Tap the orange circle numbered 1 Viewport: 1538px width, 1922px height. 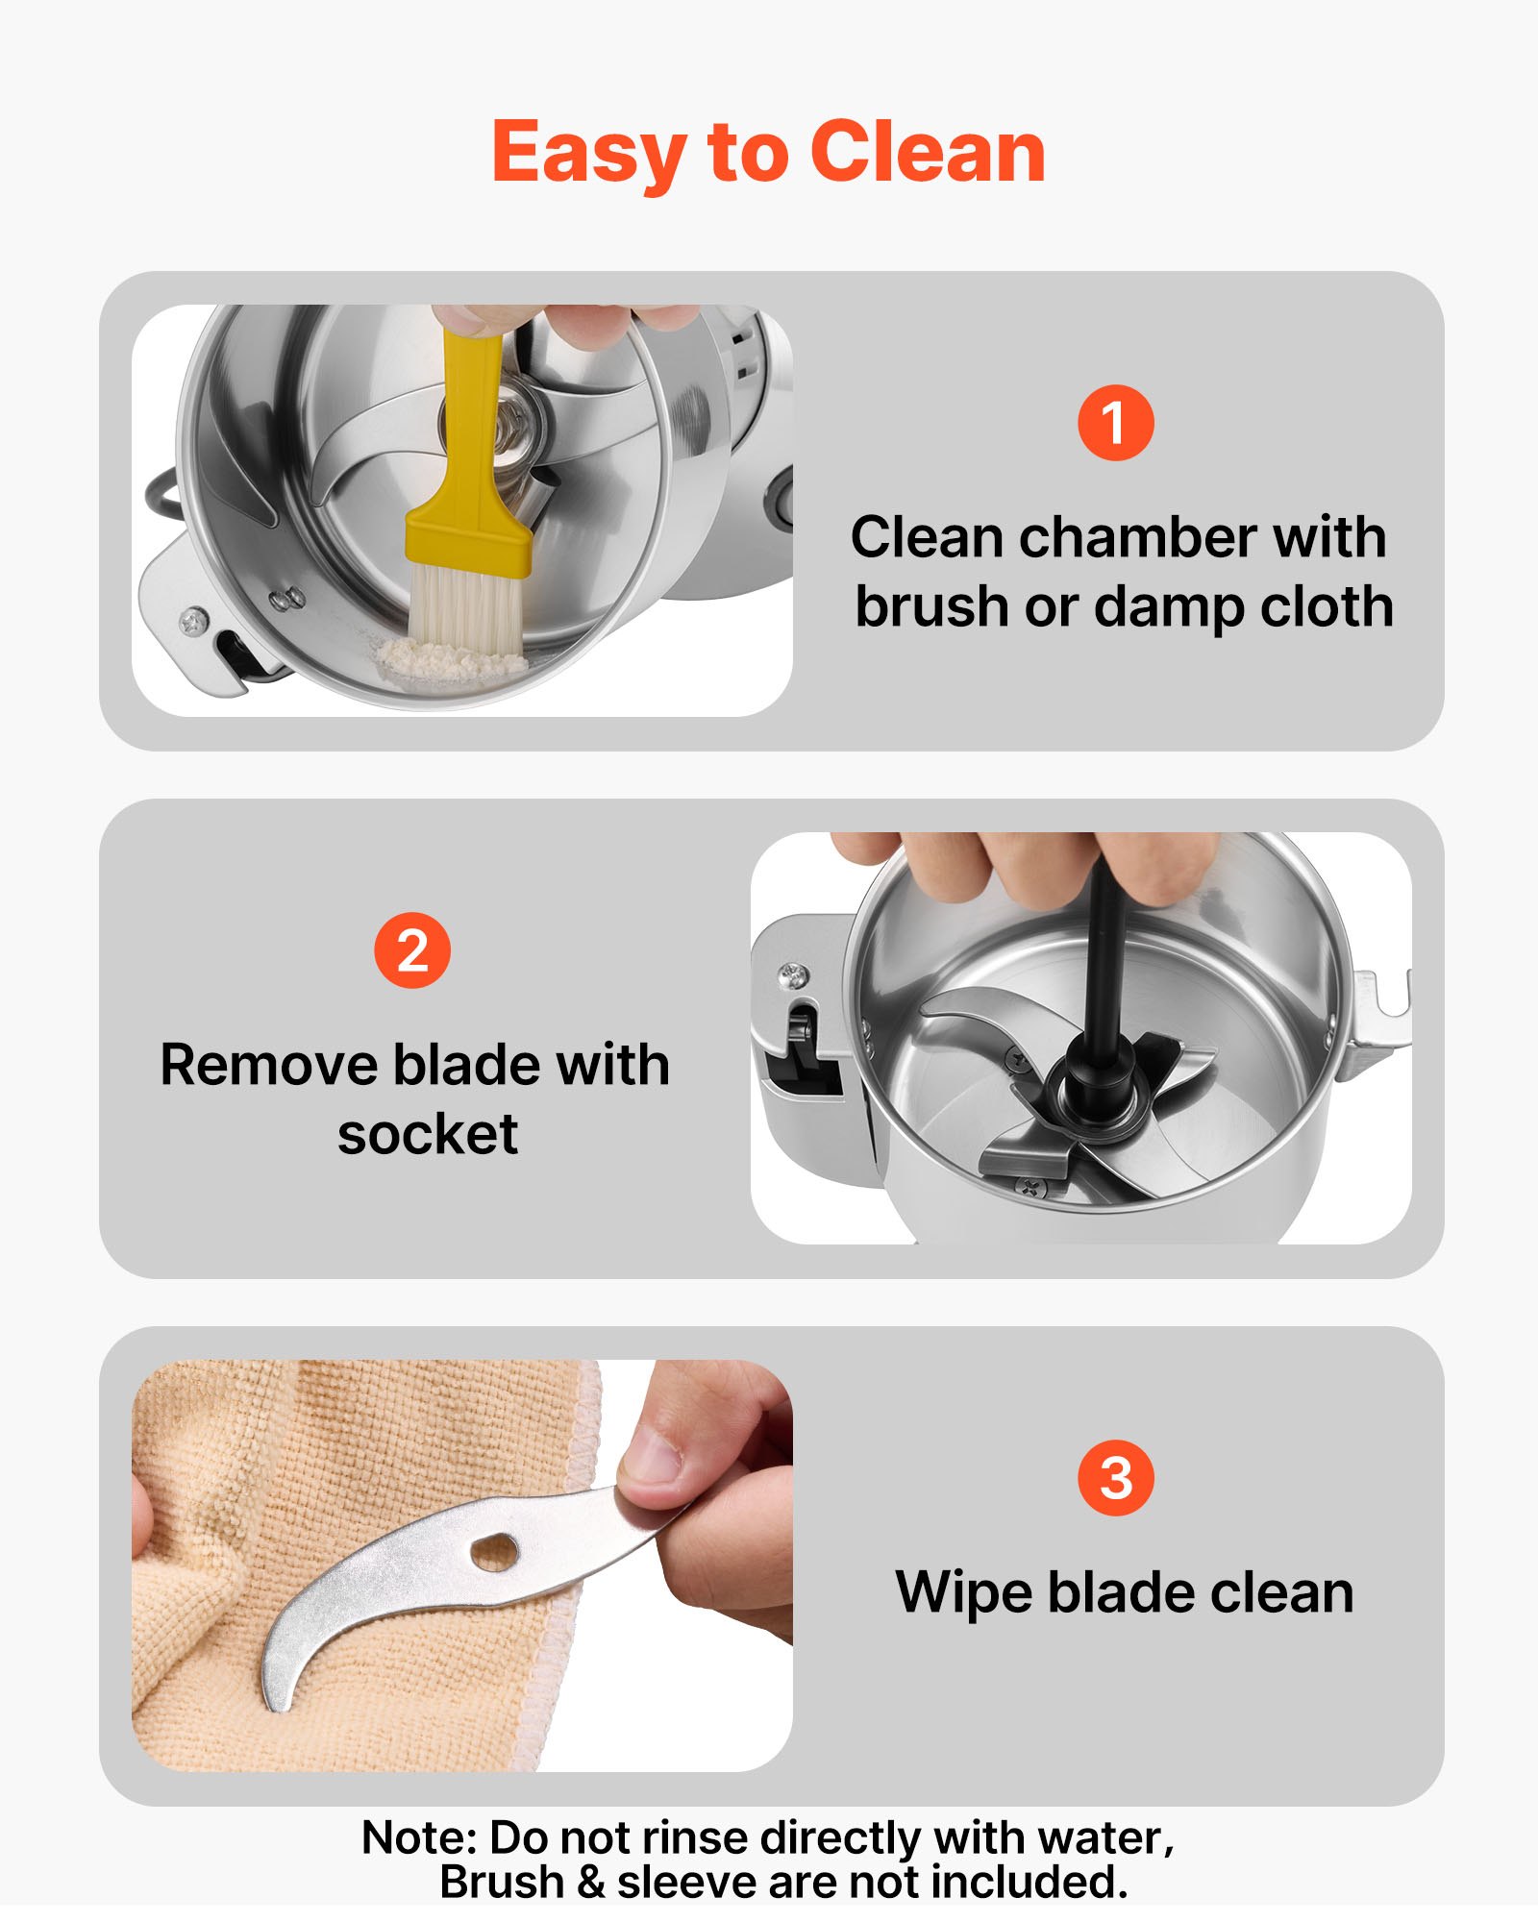[x=1115, y=423]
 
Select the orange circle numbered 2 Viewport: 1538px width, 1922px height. [x=411, y=950]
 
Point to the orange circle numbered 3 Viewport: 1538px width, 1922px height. [x=1115, y=1478]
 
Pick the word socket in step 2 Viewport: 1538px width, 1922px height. [x=428, y=1134]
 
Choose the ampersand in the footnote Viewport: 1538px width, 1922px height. [x=591, y=1882]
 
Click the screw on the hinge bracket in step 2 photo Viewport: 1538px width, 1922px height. [x=794, y=976]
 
